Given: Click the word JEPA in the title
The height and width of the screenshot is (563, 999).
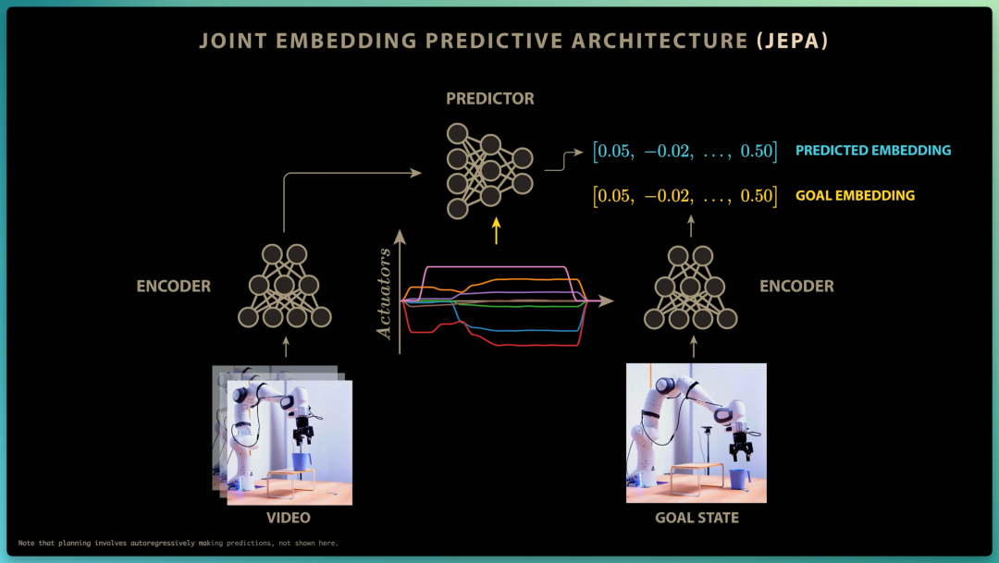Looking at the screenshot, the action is pyautogui.click(x=793, y=42).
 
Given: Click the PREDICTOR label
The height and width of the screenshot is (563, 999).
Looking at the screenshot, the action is pyautogui.click(x=490, y=99).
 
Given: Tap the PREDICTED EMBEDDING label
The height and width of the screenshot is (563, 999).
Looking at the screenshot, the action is pyautogui.click(x=873, y=151).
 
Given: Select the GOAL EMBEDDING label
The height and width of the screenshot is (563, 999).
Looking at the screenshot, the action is pyautogui.click(x=855, y=195).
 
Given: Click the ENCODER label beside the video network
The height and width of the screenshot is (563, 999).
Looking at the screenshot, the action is pyautogui.click(x=173, y=286).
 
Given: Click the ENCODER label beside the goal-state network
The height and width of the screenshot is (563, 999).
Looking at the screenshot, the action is pyautogui.click(x=796, y=286).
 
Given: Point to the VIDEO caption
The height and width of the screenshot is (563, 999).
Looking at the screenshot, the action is pyautogui.click(x=289, y=518).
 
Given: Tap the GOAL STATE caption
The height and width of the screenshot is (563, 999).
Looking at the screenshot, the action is pyautogui.click(x=697, y=518).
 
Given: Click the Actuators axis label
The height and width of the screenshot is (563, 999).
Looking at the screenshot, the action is pyautogui.click(x=384, y=294).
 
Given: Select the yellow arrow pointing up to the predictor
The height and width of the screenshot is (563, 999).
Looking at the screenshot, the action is pyautogui.click(x=497, y=231).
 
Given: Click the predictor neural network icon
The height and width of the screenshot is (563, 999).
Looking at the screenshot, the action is pyautogui.click(x=489, y=171).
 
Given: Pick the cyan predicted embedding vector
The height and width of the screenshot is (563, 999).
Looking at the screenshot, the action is pyautogui.click(x=684, y=151).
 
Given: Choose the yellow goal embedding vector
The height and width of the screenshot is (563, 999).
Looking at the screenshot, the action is pyautogui.click(x=684, y=195).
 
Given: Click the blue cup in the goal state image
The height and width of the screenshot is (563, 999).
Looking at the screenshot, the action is pyautogui.click(x=739, y=478).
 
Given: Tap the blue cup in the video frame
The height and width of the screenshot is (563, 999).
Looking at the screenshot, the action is pyautogui.click(x=302, y=460).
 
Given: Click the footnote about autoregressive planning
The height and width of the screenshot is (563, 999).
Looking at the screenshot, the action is pyautogui.click(x=178, y=544).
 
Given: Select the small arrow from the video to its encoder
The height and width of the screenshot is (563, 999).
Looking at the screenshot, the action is pyautogui.click(x=286, y=347).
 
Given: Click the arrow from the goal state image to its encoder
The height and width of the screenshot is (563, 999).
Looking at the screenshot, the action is pyautogui.click(x=694, y=347).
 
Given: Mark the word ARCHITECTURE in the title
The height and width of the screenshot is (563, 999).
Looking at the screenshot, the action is pyautogui.click(x=660, y=42).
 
